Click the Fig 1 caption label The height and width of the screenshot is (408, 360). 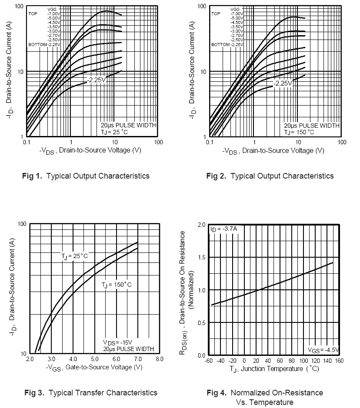click(86, 176)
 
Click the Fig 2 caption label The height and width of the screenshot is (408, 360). click(270, 176)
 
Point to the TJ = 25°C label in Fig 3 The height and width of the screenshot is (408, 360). click(74, 256)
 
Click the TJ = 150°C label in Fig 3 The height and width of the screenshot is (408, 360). click(116, 285)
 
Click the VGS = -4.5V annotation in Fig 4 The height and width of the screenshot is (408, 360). click(323, 350)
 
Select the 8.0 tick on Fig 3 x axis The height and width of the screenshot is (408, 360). click(159, 359)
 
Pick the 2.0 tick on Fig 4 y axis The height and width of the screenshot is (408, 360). click(201, 225)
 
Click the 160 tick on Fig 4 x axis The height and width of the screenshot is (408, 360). click(339, 361)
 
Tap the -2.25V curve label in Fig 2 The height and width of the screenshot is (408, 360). click(283, 83)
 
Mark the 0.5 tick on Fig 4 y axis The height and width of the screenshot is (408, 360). click(201, 323)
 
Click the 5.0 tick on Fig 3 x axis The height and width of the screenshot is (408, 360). click(94, 359)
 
